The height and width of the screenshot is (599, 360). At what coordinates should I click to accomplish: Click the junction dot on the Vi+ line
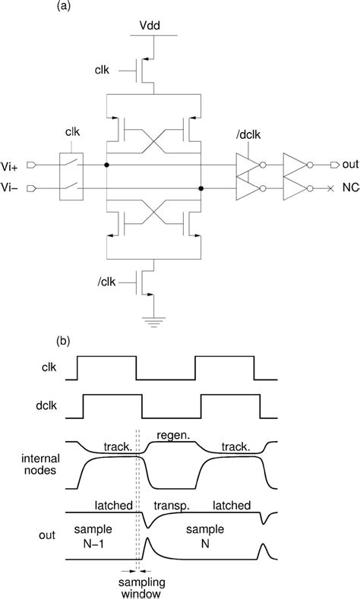tap(107, 164)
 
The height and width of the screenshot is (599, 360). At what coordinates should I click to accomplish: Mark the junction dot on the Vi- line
tap(201, 188)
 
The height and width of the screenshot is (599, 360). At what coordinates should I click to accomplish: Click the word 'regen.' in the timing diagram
tap(171, 434)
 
